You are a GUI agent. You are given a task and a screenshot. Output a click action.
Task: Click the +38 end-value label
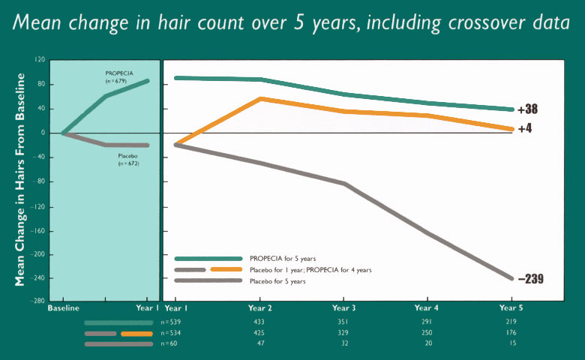point(527,109)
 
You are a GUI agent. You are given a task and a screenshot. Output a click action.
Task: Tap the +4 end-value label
point(524,128)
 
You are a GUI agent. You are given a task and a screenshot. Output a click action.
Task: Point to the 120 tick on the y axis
point(40,59)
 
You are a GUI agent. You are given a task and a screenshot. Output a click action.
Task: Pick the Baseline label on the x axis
point(63,308)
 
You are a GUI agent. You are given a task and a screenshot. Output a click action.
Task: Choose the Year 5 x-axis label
point(511,308)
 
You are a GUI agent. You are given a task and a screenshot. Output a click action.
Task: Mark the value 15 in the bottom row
point(511,344)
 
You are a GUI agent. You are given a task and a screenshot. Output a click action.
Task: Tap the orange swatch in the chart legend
point(226,269)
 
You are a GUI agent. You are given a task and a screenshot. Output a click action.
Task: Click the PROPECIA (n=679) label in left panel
point(118,76)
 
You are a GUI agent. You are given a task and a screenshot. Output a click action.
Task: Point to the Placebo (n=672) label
point(128,159)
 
